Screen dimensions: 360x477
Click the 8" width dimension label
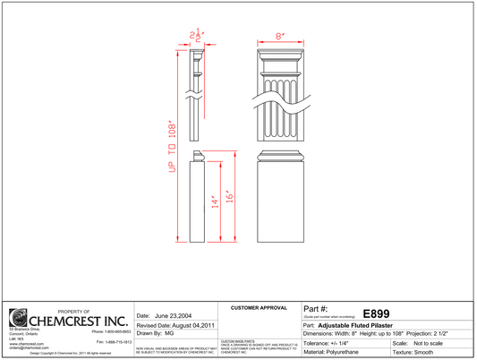(279, 37)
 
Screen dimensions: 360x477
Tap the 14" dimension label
(214, 203)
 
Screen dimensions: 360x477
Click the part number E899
(376, 313)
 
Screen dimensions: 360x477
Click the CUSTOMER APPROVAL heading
(259, 308)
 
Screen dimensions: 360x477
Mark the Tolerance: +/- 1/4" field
(331, 343)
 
